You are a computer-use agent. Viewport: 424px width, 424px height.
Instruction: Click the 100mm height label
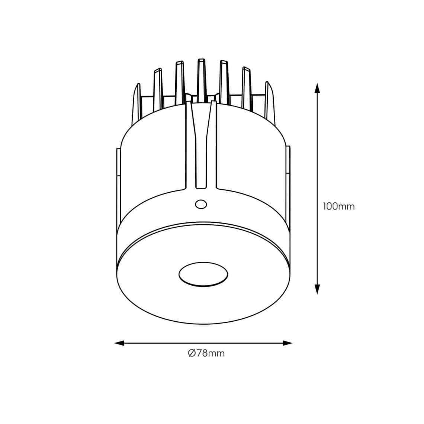pyautogui.click(x=338, y=206)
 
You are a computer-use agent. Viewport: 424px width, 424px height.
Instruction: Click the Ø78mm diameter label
pyautogui.click(x=206, y=353)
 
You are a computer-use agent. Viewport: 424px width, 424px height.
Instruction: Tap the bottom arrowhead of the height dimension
pyautogui.click(x=317, y=289)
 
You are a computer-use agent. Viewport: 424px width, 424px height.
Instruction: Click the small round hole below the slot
pyautogui.click(x=201, y=204)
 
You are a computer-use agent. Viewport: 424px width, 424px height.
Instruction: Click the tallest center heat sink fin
pyautogui.click(x=201, y=78)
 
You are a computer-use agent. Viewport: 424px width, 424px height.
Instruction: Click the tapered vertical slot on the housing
pyautogui.click(x=201, y=145)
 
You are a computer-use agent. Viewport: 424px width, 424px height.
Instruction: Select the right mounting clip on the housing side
pyautogui.click(x=287, y=164)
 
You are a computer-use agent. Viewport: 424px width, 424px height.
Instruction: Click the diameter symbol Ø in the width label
pyautogui.click(x=192, y=353)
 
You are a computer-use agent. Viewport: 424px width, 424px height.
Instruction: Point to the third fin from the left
pyautogui.click(x=180, y=80)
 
